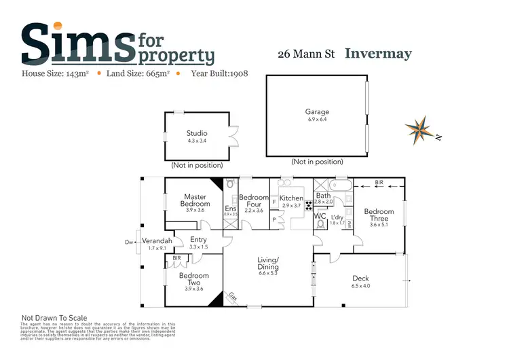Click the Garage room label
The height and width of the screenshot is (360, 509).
[317, 112]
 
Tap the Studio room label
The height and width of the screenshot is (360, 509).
[197, 133]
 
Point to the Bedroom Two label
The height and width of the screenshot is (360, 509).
[194, 279]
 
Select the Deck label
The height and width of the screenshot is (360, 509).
[360, 278]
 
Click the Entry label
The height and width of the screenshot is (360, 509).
[199, 239]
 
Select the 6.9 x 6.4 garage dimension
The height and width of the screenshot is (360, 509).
[317, 120]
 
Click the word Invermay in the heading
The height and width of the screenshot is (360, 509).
[378, 54]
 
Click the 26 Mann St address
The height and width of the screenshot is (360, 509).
[307, 54]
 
